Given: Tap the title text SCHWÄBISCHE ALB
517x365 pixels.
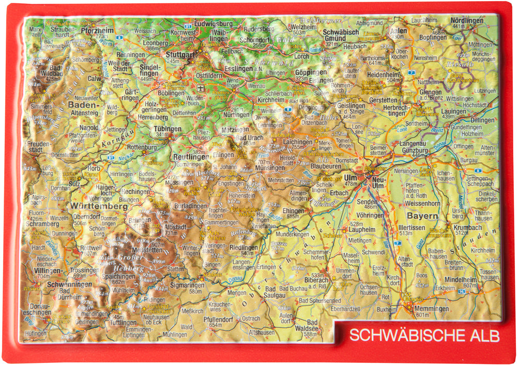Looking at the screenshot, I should (424, 335).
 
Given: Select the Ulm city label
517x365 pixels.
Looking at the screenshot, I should (350, 177).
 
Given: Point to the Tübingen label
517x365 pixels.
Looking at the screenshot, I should (168, 129).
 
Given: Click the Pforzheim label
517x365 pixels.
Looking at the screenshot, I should (97, 30).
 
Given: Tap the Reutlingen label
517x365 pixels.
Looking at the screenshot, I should (190, 157).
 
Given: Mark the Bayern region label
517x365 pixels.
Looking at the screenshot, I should (422, 215).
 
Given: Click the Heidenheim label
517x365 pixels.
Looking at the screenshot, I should (384, 74).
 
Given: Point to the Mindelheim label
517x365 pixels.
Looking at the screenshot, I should (462, 279).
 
